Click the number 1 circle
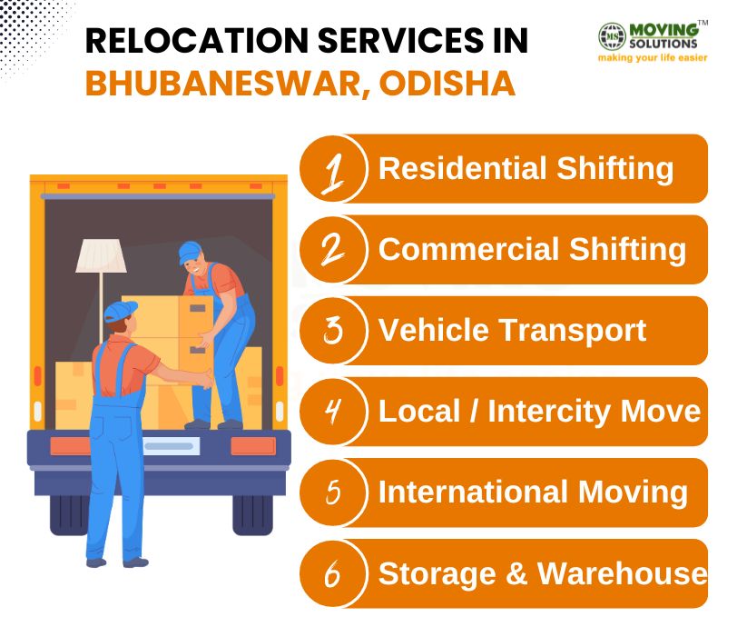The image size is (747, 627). (x=332, y=169)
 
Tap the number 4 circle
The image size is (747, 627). (x=332, y=412)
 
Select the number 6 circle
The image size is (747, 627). (x=332, y=573)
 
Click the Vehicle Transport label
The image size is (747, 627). (x=512, y=330)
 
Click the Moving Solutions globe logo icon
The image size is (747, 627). (x=611, y=36)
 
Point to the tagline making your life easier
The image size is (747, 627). (x=652, y=57)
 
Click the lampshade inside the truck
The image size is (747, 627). (x=100, y=255)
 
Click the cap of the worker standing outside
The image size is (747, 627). (x=119, y=312)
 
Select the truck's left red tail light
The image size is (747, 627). (x=70, y=446)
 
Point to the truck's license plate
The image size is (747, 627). (x=169, y=446)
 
